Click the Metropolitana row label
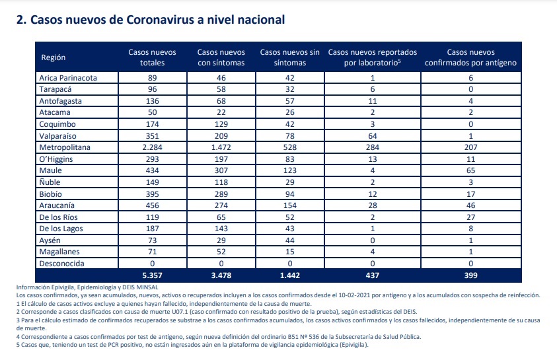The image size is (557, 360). point(65,147)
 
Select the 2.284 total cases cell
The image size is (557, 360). point(152,147)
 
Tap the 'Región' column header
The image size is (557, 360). point(54,57)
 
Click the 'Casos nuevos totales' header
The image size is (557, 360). point(152,57)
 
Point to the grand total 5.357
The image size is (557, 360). point(152,275)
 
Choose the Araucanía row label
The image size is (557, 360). point(57,205)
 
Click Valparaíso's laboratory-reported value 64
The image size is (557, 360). point(372,136)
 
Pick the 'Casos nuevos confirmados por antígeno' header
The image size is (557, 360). point(470,57)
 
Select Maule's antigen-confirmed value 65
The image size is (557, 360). point(470,170)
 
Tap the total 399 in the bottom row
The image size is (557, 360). point(470,275)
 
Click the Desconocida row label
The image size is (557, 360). point(62,264)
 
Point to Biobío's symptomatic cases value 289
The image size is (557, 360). point(221,194)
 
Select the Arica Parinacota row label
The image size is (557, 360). point(68,78)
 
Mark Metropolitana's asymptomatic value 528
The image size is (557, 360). point(290,147)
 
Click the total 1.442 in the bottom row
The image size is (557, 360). point(290,275)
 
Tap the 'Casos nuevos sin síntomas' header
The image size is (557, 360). point(290,57)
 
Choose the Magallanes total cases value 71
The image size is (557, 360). point(152,252)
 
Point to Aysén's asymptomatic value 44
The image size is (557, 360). point(290,240)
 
